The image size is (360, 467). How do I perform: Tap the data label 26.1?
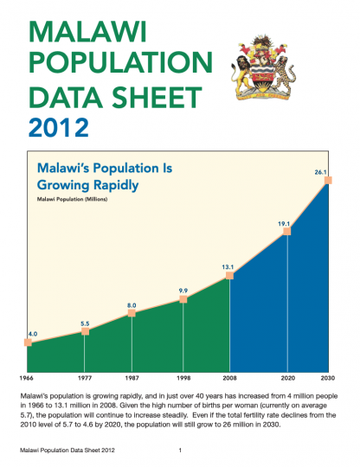pyautogui.click(x=320, y=173)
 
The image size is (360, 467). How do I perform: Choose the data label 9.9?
pyautogui.click(x=183, y=291)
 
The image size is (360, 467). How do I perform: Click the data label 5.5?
pyautogui.click(x=85, y=323)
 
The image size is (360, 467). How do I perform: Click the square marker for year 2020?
pyautogui.click(x=286, y=232)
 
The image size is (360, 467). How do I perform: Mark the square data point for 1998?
pyautogui.click(x=183, y=299)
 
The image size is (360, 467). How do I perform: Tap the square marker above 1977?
pyautogui.click(x=85, y=331)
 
